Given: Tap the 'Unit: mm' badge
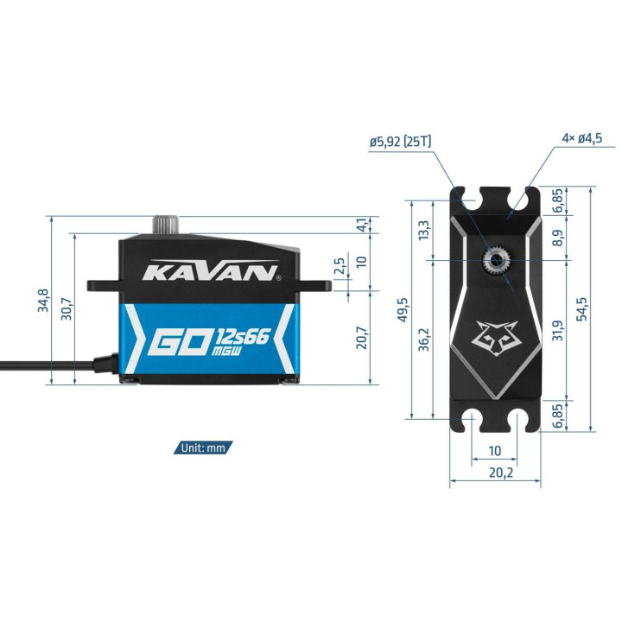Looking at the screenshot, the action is [x=203, y=447].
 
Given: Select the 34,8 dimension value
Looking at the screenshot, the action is [x=43, y=301].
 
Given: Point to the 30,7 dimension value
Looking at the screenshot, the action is [x=67, y=309].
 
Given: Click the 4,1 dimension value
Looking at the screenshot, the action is [x=362, y=225].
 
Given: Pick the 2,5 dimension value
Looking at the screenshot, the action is [x=340, y=266].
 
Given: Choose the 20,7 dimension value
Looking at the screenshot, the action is [x=362, y=338].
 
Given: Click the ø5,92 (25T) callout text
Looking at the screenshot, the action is [x=400, y=142].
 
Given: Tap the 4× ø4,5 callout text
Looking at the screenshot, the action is [x=582, y=138].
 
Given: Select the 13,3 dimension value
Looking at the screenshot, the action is [x=423, y=230].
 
